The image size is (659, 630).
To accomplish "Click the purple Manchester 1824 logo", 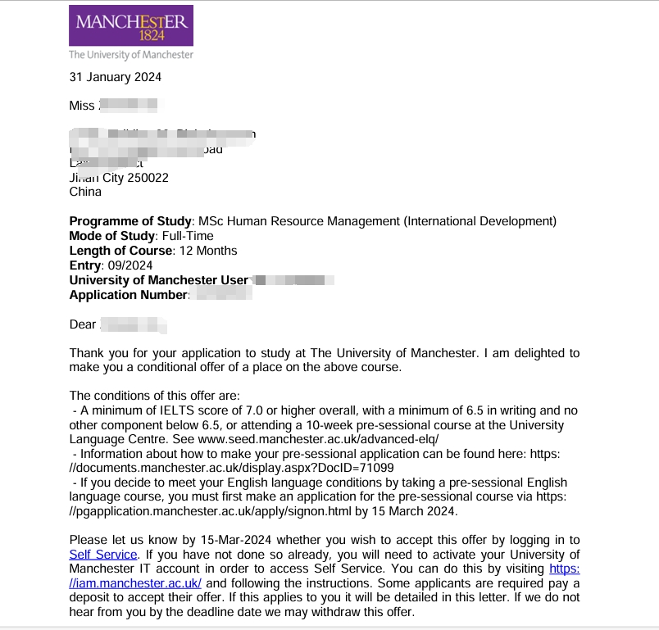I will pos(131,25).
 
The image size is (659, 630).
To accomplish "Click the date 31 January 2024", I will pos(115,77).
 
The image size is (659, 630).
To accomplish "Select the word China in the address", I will pos(85,192).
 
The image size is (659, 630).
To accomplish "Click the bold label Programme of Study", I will pos(130,221).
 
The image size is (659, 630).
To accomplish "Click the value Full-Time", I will pos(187,236).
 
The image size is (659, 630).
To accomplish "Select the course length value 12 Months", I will pos(208,251).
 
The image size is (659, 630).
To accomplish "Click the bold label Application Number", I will pos(129,295).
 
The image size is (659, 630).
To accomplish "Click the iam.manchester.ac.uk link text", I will pos(136,582).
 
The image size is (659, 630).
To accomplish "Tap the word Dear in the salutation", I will pos(83,324).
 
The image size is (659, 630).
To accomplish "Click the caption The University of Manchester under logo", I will pos(131,55).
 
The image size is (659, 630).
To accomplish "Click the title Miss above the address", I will pos(83,106).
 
